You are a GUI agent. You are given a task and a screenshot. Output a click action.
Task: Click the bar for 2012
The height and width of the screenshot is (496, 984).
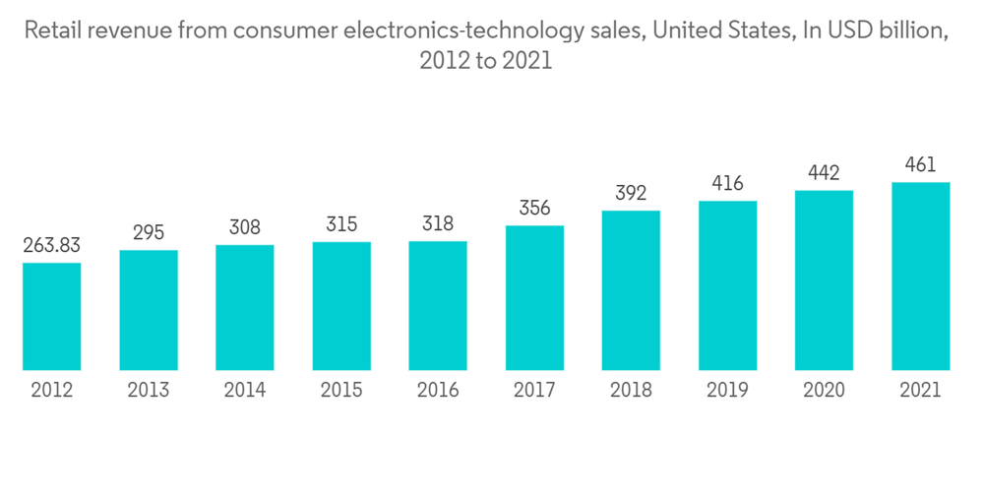51,316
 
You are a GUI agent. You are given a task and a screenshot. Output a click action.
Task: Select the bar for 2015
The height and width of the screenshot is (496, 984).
341,306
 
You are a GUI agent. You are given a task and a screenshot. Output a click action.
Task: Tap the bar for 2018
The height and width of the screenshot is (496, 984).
631,290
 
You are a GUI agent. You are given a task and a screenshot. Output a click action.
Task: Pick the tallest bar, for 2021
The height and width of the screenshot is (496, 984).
920,276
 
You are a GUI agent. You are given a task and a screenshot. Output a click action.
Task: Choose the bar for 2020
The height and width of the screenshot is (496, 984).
824,280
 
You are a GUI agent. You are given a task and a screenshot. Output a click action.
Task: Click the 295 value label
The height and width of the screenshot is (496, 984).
148,233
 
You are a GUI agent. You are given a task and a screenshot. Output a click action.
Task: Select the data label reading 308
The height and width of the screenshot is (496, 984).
244,228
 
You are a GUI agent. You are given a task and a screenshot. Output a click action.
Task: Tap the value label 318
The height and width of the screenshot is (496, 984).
438,224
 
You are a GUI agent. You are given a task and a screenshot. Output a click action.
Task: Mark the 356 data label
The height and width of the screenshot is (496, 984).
534,209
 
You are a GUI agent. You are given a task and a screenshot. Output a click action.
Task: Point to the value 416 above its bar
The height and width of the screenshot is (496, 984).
727,184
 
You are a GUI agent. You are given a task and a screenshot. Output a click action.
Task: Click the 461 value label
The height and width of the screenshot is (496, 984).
920,165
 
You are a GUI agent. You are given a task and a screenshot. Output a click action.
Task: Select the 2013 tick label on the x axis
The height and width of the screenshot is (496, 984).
148,391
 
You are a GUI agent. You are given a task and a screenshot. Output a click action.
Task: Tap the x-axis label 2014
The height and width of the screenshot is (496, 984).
244,391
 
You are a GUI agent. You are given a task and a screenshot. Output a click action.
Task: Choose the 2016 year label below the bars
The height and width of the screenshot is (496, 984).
438,391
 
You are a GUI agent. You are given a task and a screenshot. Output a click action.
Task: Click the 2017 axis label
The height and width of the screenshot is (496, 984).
534,391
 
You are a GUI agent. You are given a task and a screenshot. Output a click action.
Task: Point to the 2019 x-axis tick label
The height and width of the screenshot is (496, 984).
727,391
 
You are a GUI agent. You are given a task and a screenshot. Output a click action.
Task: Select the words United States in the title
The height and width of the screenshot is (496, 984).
709,31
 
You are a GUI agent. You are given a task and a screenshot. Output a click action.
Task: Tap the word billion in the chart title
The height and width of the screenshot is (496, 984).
915,31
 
